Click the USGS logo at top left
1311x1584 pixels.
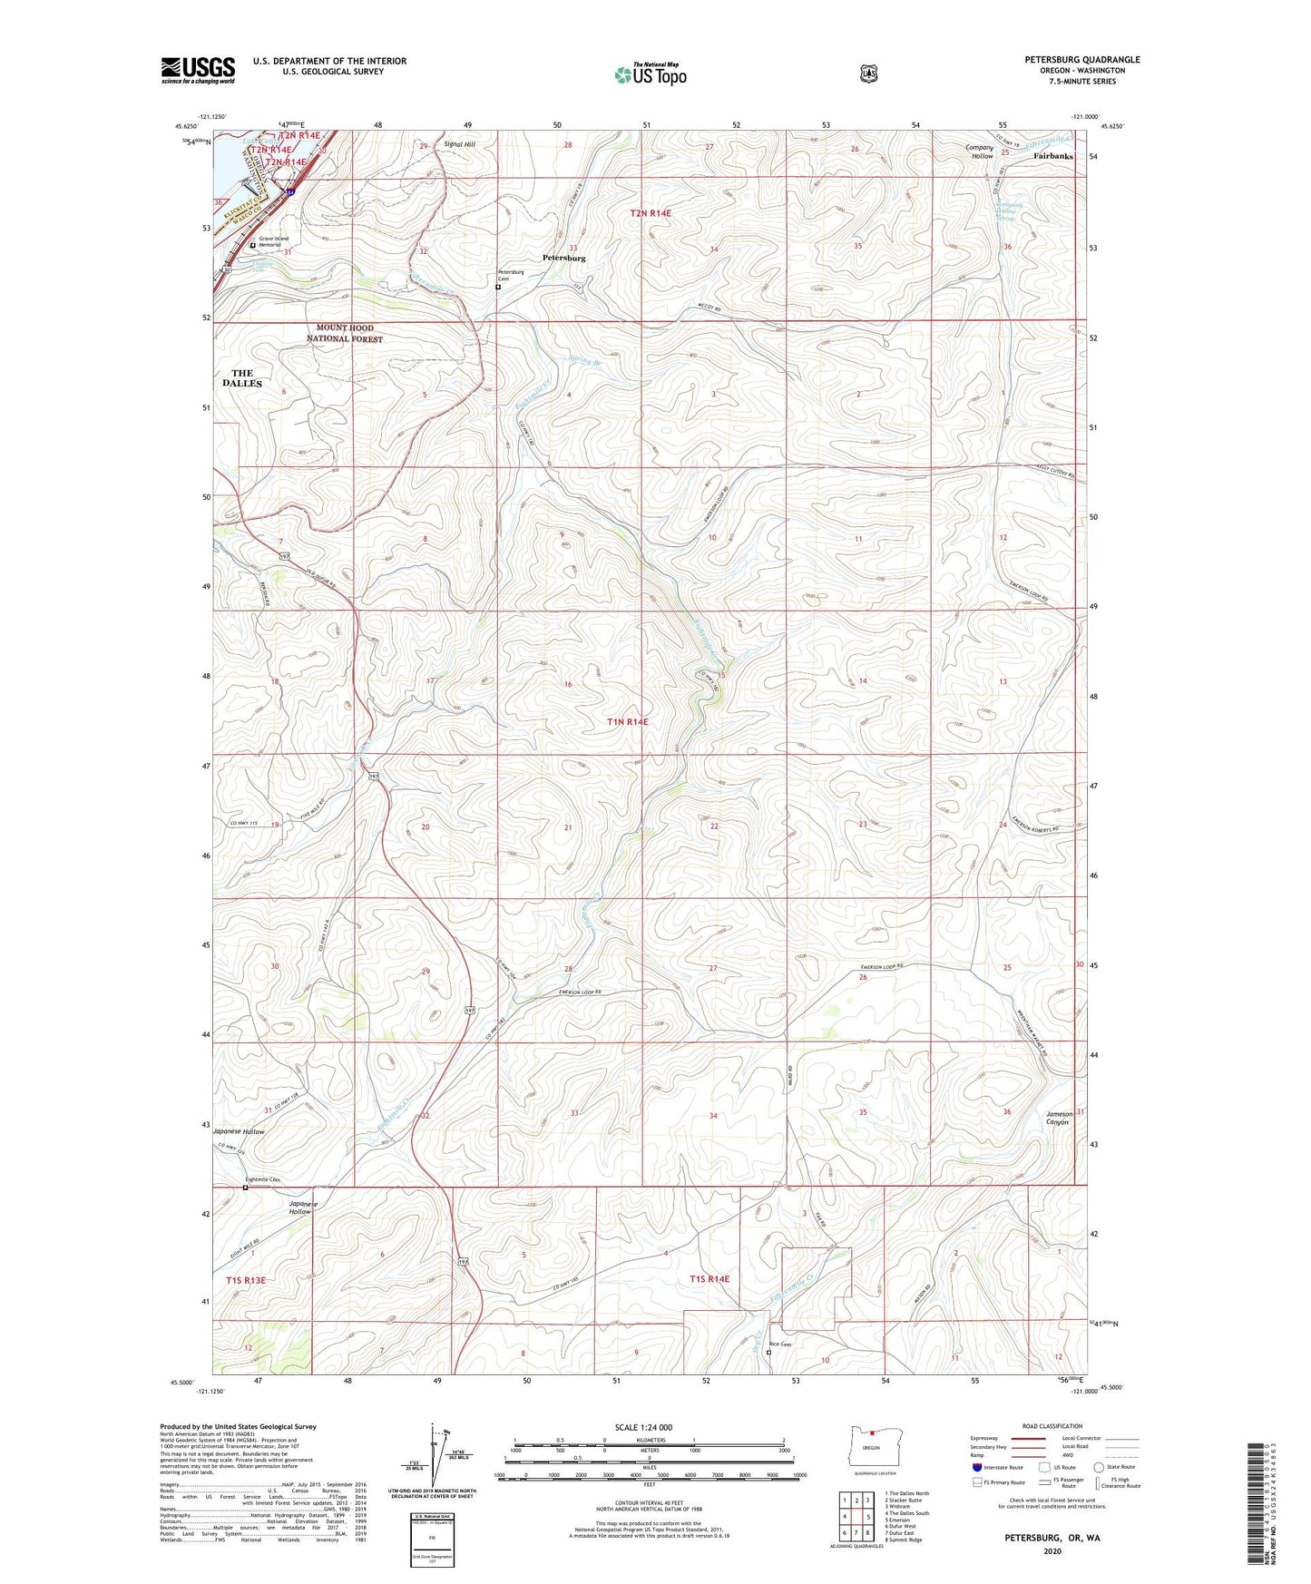tap(198, 70)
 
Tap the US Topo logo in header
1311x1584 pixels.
tap(650, 74)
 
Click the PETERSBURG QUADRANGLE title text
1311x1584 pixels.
tap(1081, 60)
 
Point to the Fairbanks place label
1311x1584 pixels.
tap(1052, 156)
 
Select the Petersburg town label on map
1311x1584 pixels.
tap(563, 258)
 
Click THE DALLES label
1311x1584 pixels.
tap(242, 378)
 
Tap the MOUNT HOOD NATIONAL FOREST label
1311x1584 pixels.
tap(344, 333)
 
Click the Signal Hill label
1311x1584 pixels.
tap(459, 144)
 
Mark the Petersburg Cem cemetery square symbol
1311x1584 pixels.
tap(497, 288)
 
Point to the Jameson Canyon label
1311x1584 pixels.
tap(1059, 1118)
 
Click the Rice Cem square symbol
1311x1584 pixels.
tap(768, 1352)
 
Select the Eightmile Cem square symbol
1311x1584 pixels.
tap(245, 1187)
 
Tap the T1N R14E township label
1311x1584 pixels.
tap(628, 721)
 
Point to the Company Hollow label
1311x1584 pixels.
tap(979, 152)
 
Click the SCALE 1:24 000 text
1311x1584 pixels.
tap(643, 1428)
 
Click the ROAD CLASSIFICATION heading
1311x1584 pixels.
tap(1052, 1426)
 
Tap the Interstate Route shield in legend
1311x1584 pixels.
tap(976, 1467)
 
